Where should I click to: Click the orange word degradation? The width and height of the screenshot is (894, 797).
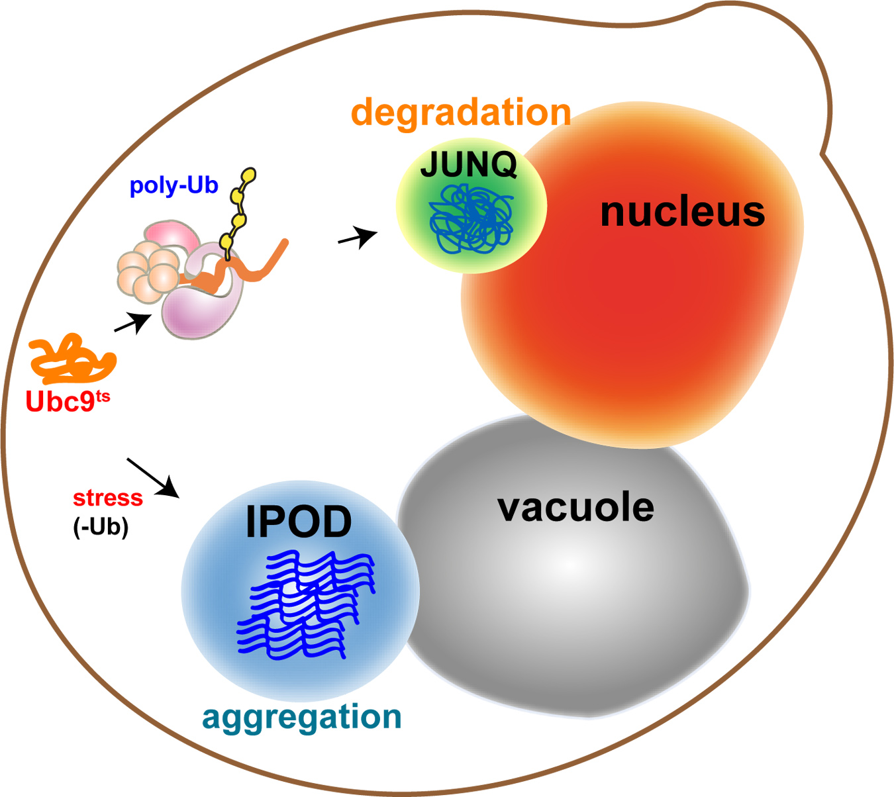point(461,113)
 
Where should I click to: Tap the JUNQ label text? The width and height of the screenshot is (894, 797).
point(469,165)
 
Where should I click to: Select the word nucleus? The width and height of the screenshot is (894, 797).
point(682,212)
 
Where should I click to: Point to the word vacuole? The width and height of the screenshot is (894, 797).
point(575,508)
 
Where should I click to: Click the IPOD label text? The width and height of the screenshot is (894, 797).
point(299,522)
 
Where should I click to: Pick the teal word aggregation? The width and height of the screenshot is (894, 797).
point(301,718)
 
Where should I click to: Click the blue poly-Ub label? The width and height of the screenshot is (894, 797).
point(174,185)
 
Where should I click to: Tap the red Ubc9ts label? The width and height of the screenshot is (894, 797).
point(67,401)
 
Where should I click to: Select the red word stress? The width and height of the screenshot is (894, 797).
point(107,498)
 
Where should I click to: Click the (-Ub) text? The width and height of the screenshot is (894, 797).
point(101,527)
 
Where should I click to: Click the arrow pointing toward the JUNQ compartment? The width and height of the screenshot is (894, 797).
point(358,236)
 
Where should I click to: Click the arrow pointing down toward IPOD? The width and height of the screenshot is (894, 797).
point(154,477)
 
